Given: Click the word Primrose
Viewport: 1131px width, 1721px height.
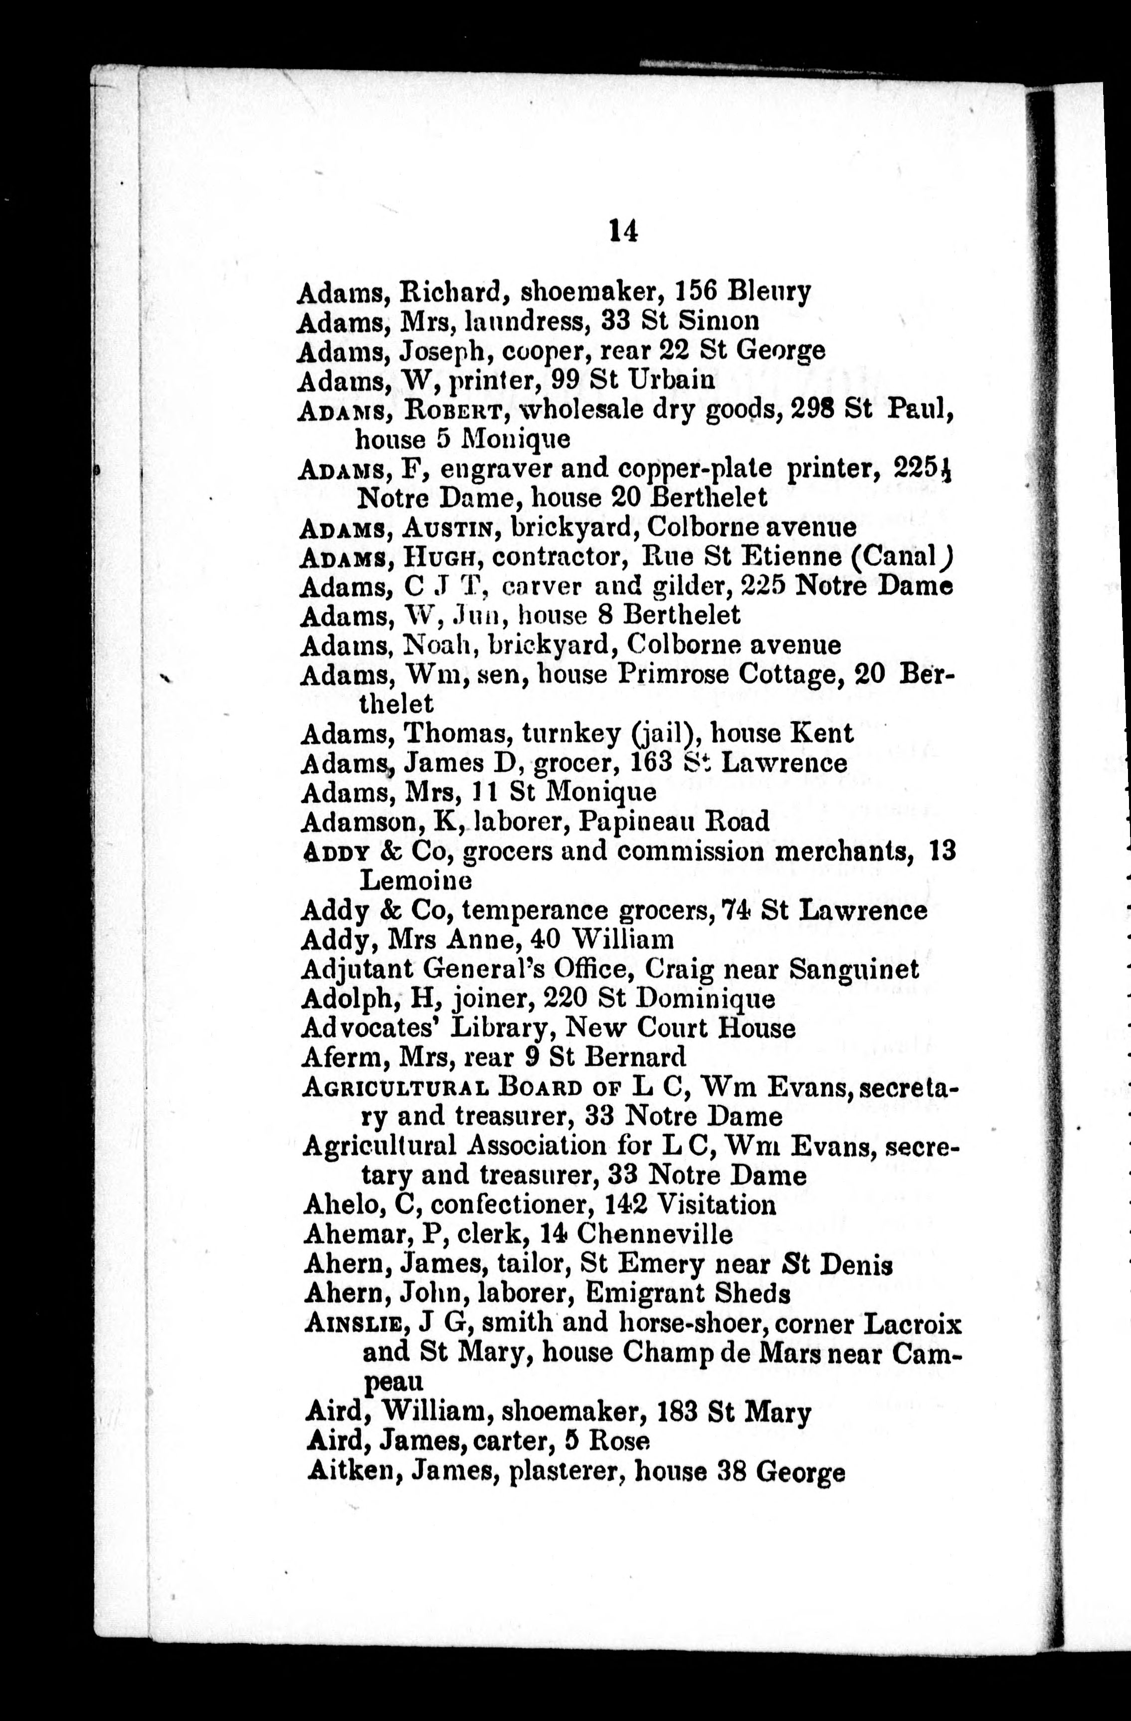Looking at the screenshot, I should [678, 675].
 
